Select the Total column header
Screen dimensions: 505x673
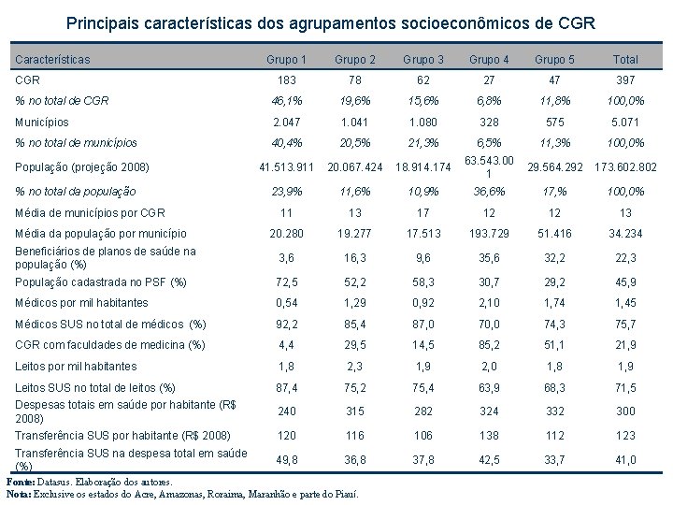click(625, 60)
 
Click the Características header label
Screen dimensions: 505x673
click(53, 60)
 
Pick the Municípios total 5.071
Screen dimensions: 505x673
click(625, 123)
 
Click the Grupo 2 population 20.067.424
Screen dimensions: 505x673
click(354, 167)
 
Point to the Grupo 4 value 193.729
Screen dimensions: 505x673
click(489, 233)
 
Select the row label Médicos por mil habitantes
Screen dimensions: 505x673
click(82, 303)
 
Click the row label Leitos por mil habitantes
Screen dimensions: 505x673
click(77, 367)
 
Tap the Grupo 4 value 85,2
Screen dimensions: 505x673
click(489, 345)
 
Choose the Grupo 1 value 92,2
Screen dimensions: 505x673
click(286, 325)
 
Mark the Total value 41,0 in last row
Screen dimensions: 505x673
click(625, 459)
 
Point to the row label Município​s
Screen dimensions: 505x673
click(43, 123)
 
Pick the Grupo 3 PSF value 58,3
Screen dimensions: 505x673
click(423, 281)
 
